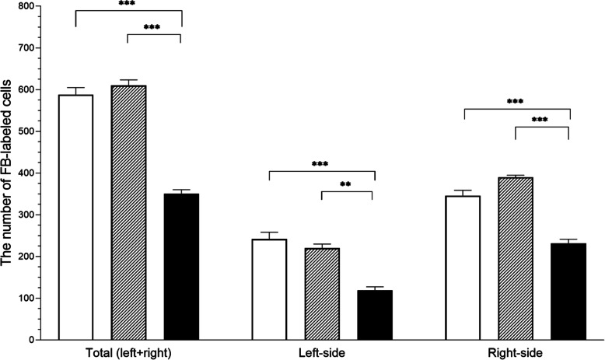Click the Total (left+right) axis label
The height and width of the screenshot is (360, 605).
point(128,352)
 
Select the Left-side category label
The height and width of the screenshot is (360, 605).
point(322,352)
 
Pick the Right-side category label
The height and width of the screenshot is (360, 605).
point(516,352)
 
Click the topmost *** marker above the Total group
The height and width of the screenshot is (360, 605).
point(128,4)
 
